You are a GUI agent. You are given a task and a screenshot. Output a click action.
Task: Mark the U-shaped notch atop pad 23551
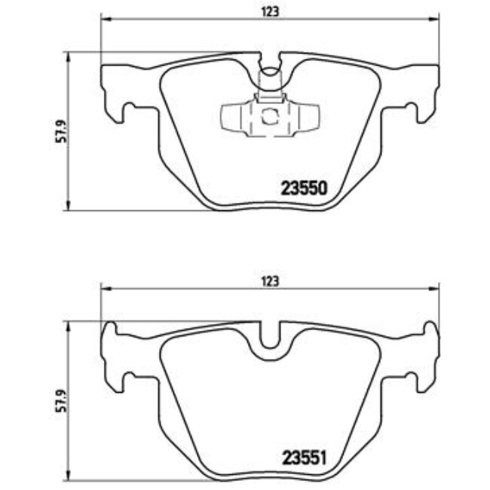pos(269,343)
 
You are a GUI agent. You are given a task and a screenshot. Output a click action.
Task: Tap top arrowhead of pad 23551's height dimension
pos(70,325)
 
